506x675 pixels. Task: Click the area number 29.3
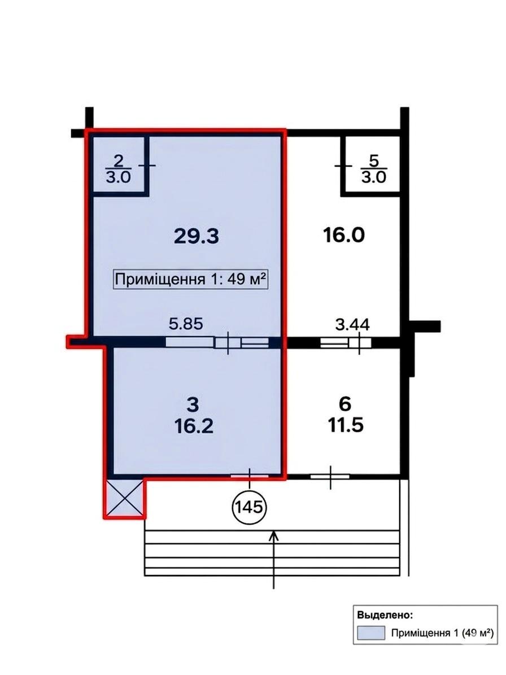point(197,236)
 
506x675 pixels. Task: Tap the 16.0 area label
point(344,235)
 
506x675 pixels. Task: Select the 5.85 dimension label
point(186,323)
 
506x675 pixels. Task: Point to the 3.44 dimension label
point(352,324)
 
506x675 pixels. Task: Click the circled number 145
point(250,507)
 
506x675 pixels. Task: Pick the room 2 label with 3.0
point(119,169)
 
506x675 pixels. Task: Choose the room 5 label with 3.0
point(374,169)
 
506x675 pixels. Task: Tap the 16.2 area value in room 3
point(194,426)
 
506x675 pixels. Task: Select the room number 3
point(193,404)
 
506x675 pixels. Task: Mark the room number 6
point(345,404)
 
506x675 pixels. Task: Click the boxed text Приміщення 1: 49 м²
point(191,280)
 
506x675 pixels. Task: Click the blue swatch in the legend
point(371,633)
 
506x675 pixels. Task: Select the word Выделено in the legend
point(384,615)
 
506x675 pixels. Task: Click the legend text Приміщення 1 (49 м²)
point(442,633)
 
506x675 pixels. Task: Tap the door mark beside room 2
point(149,165)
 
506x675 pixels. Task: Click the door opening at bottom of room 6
point(330,477)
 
